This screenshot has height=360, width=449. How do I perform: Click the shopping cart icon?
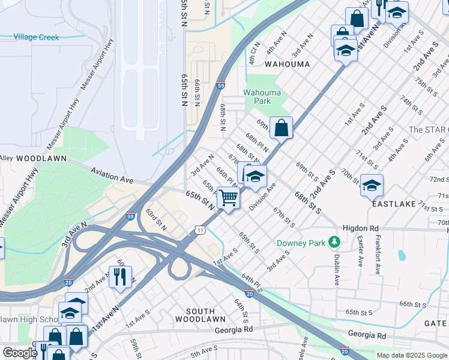click(x=228, y=197)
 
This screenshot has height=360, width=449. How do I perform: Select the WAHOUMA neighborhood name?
click(x=287, y=64)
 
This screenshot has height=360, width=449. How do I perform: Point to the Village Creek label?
click(x=37, y=37)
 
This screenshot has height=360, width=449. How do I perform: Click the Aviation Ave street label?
click(x=112, y=175)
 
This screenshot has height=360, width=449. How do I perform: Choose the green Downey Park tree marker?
click(x=334, y=242)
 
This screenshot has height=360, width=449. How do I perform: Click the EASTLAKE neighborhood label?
click(x=394, y=204)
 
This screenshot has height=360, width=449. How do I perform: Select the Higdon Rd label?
click(x=361, y=228)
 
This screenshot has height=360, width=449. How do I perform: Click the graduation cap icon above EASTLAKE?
click(x=372, y=185)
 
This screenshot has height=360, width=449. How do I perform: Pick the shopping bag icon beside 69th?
click(x=281, y=127)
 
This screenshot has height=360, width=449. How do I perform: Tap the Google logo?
click(x=19, y=353)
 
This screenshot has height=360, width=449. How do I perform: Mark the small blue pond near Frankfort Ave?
click(x=401, y=255)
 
